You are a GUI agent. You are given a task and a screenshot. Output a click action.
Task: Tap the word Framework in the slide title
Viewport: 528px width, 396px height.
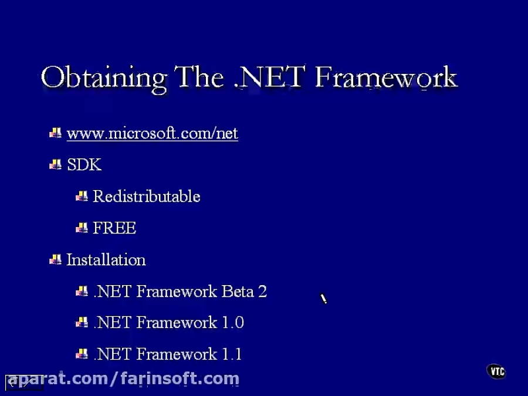[x=385, y=78]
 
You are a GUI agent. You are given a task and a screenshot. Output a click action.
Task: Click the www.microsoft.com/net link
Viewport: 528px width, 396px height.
[x=153, y=134]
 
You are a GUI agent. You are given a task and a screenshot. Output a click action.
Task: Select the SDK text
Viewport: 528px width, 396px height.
[x=84, y=165]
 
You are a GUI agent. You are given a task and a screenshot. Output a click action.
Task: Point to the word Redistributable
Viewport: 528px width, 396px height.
[x=147, y=197]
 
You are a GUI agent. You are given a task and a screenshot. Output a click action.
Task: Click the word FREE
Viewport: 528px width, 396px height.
[x=114, y=228]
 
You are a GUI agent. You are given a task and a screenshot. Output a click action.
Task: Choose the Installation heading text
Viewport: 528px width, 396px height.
[x=106, y=260]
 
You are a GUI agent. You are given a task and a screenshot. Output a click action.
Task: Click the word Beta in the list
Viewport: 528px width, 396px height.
[x=237, y=292]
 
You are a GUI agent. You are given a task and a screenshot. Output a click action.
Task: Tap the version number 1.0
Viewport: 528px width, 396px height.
[x=232, y=323]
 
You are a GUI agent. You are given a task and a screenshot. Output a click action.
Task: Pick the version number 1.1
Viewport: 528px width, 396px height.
[x=231, y=354]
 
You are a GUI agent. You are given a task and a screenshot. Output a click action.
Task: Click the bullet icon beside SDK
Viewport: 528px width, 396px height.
[x=56, y=165]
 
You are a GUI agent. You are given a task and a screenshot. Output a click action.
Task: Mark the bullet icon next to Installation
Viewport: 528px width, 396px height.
[x=56, y=259]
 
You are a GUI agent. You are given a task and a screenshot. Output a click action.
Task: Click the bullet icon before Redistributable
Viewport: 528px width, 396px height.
[x=82, y=196]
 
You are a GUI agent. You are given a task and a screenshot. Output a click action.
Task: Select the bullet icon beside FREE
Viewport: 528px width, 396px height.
[x=82, y=228]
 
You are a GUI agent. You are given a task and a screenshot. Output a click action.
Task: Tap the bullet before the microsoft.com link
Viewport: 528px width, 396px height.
[x=56, y=133]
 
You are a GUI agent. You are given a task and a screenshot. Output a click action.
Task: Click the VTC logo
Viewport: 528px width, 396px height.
[x=496, y=371]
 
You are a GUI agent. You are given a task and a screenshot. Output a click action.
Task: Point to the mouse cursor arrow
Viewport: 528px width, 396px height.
[x=323, y=299]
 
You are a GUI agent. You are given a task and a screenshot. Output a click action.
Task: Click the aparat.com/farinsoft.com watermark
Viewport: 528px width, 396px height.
[x=123, y=379]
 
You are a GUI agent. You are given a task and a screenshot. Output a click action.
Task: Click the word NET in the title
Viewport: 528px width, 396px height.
[x=272, y=78]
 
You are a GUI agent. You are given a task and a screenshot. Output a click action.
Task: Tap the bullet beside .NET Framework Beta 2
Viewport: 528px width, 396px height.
[x=82, y=291]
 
